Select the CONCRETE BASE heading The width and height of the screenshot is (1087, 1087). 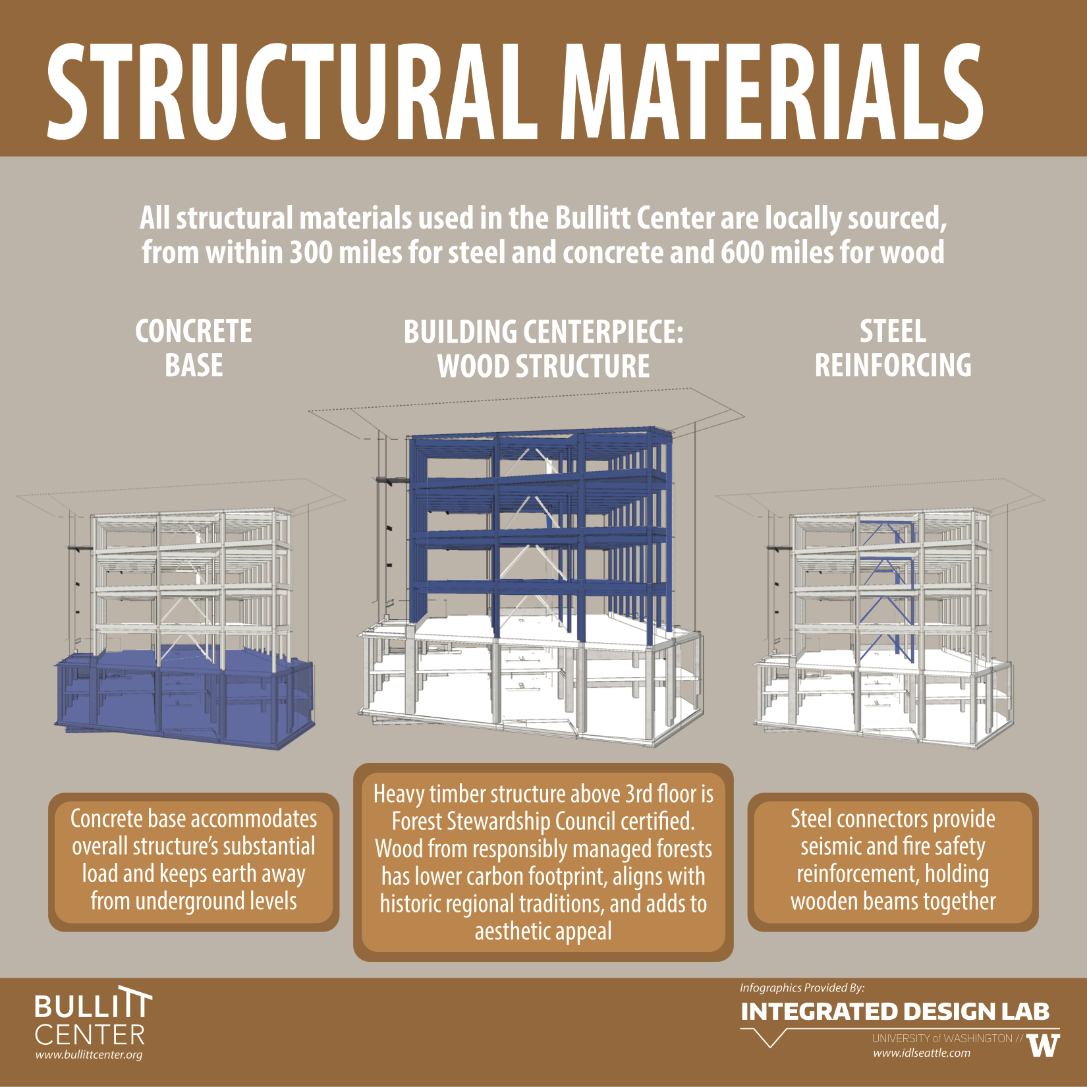[194, 348]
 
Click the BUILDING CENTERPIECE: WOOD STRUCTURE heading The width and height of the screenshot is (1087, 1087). [543, 349]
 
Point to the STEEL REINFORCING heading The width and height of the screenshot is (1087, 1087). [893, 348]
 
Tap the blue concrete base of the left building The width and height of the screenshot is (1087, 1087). [184, 698]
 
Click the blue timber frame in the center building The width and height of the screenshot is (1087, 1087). [540, 527]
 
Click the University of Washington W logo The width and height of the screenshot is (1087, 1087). [1043, 1045]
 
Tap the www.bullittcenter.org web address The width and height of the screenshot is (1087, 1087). [89, 1055]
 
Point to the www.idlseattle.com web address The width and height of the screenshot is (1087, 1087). [922, 1053]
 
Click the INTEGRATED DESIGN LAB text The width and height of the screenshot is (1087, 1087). [895, 1012]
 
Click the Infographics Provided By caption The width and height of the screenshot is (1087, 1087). [802, 988]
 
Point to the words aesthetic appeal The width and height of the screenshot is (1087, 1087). [543, 932]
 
